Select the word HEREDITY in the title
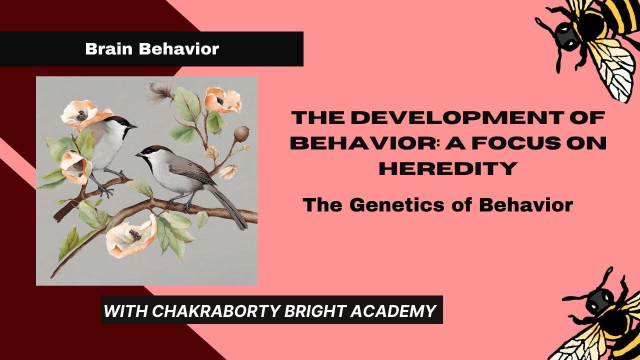pyautogui.click(x=447, y=168)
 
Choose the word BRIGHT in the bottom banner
pyautogui.click(x=308, y=311)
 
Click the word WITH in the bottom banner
pyautogui.click(x=125, y=311)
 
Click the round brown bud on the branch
pyautogui.click(x=241, y=133)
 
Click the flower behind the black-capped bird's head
pyautogui.click(x=80, y=113)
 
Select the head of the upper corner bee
pyautogui.click(x=565, y=37)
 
